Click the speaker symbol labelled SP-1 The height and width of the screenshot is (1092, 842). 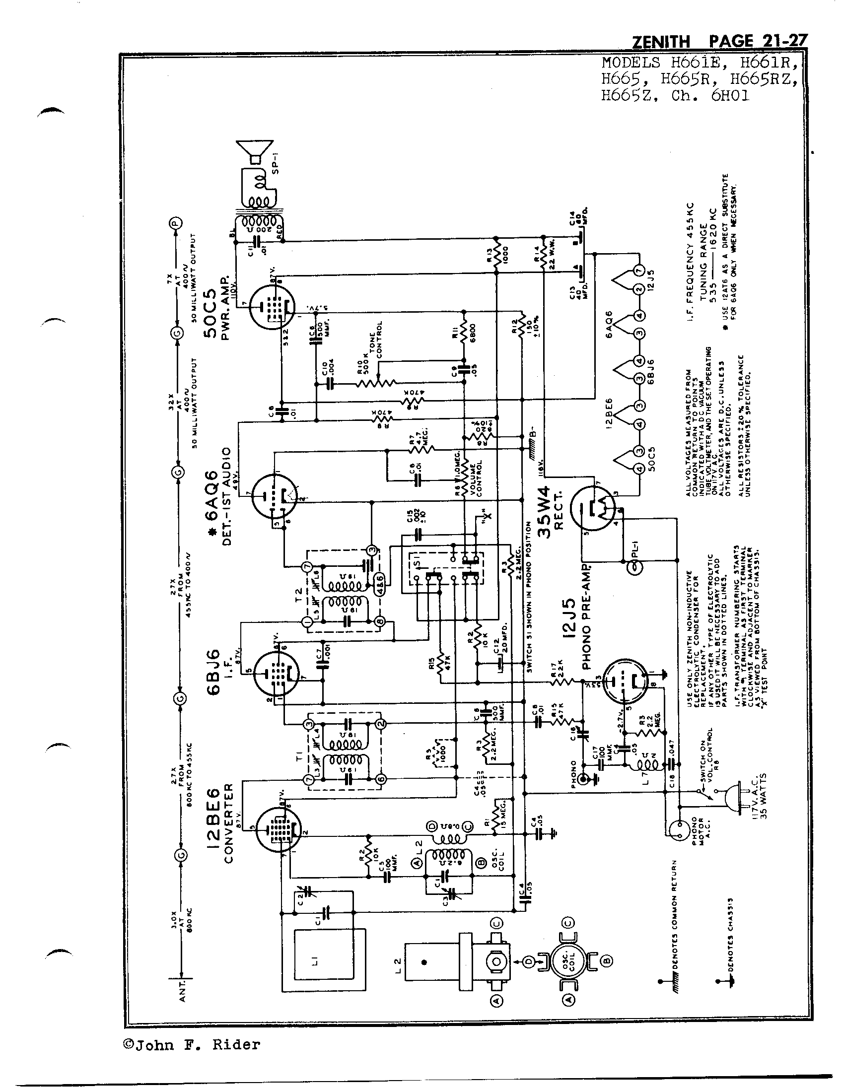(256, 150)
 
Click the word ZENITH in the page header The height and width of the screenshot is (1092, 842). (660, 42)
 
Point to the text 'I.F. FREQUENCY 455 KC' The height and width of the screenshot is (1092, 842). (690, 265)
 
